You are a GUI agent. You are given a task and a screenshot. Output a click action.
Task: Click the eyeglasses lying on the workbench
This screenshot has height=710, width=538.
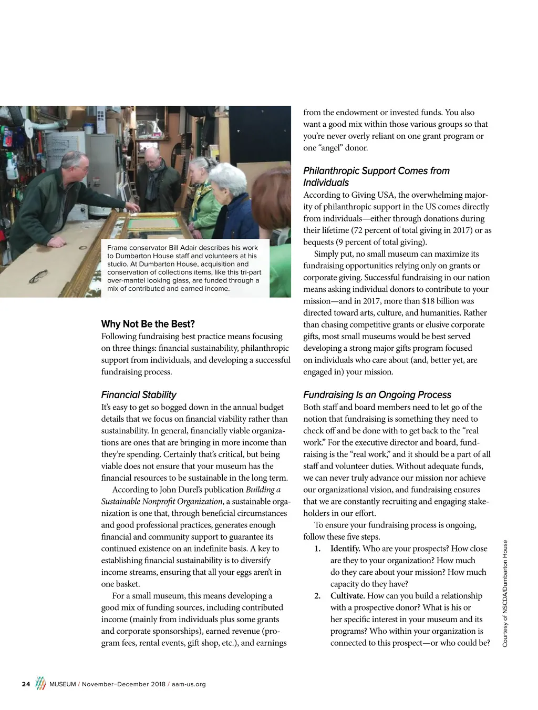point(39,276)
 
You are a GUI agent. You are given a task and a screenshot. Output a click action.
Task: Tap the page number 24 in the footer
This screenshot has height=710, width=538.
point(26,684)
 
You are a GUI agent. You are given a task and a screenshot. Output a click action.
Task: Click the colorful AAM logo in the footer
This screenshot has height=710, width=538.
point(40,683)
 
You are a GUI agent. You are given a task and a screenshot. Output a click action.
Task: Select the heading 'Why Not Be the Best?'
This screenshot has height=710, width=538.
point(148,324)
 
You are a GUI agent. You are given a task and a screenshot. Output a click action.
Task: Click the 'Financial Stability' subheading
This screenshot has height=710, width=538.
point(139,394)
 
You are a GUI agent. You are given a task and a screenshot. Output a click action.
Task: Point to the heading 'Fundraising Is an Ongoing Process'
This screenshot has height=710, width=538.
point(377,394)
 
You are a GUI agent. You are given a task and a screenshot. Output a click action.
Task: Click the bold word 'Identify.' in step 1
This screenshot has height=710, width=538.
point(345,549)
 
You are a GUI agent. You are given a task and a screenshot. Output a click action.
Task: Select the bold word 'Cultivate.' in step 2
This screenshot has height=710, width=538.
point(347,596)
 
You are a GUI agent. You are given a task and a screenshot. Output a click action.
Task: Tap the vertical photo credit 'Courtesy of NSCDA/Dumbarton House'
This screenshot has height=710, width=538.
point(505,594)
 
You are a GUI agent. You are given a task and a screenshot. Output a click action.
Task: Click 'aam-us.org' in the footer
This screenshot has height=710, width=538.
point(189,684)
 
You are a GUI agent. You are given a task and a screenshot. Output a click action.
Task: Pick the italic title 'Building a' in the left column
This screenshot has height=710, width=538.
point(263,490)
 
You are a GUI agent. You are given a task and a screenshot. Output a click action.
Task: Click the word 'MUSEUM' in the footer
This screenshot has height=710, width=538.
point(63,684)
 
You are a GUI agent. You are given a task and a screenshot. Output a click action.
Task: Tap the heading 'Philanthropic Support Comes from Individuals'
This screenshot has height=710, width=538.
point(376,176)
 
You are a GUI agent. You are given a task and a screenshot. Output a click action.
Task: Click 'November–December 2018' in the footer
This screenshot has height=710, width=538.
point(123,684)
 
